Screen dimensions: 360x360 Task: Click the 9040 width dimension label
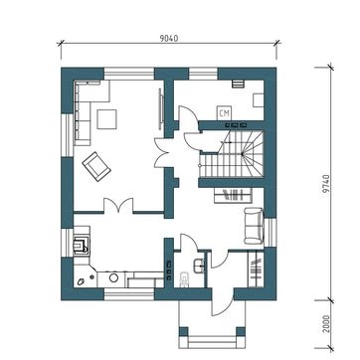169,39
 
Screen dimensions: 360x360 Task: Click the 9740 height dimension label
326,184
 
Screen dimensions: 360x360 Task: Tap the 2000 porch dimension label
326,324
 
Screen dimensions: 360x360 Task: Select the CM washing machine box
225,113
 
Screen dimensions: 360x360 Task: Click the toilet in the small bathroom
183,279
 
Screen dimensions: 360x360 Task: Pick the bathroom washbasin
199,267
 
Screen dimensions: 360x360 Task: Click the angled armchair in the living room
96,166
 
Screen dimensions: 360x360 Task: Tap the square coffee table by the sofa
106,119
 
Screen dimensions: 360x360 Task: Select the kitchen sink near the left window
82,245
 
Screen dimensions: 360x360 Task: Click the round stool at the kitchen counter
113,277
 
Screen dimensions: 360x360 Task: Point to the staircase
232,154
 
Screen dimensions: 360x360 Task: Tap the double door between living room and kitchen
118,205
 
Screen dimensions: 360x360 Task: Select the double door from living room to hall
162,153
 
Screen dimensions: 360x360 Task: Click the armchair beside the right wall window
254,226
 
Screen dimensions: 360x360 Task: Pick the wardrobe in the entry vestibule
256,270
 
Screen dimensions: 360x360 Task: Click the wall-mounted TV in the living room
161,108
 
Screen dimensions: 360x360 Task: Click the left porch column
183,331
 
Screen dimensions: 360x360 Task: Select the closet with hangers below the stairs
233,195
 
